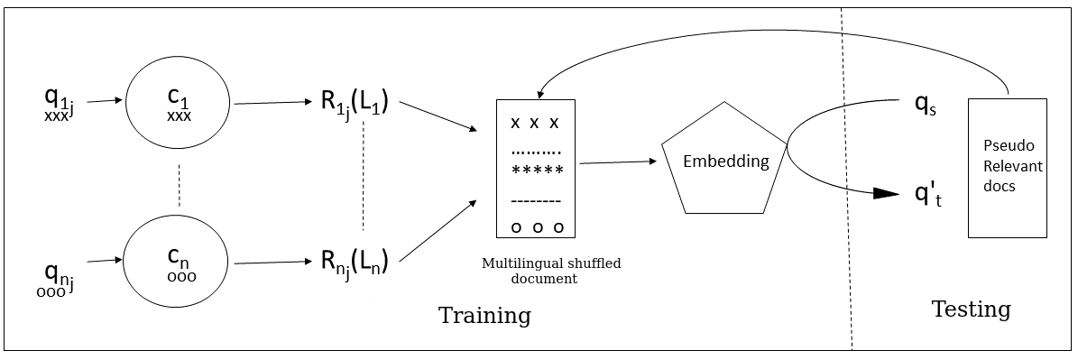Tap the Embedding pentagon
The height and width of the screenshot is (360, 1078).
725,162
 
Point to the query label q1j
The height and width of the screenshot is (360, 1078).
60,103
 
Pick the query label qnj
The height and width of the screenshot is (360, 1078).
60,273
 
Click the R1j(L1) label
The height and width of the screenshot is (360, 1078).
354,103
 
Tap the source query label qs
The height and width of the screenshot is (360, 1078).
926,104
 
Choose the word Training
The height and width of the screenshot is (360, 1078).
484,316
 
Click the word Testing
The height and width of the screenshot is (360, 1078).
971,309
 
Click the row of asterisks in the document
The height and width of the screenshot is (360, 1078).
537,170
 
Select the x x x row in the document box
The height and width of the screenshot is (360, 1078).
536,123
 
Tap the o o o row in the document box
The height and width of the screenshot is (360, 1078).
537,226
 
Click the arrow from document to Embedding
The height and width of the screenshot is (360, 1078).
617,162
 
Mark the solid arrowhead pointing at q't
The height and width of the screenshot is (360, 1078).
886,194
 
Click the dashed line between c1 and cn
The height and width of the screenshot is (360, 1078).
179,185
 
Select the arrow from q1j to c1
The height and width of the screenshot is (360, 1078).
105,101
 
